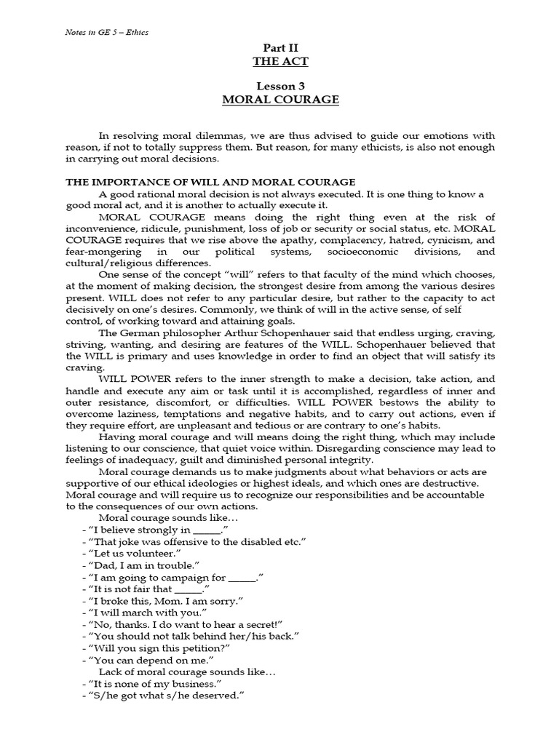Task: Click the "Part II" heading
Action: pos(279,49)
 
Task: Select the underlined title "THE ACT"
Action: pos(279,62)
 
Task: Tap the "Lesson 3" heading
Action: pos(279,86)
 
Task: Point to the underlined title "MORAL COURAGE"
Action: pos(279,99)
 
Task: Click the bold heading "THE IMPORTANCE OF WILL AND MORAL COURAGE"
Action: pos(210,181)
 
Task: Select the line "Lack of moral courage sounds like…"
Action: pos(187,670)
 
